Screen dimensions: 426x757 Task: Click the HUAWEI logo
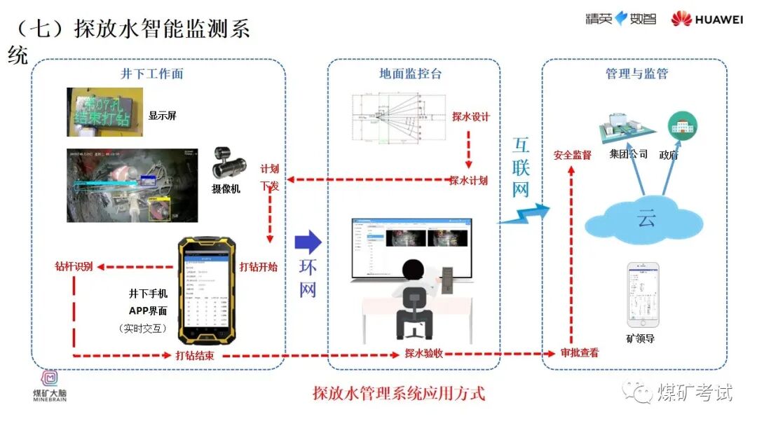click(707, 19)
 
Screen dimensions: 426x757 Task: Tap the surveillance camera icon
click(227, 164)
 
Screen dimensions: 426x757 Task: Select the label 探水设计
click(470, 116)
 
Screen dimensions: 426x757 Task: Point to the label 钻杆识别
click(74, 267)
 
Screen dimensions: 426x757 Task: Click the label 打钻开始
click(259, 267)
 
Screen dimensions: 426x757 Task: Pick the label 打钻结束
click(194, 356)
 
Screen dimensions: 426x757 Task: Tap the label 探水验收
click(424, 354)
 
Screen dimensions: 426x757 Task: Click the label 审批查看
click(580, 353)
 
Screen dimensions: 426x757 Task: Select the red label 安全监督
click(573, 155)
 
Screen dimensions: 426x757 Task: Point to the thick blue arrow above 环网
click(308, 243)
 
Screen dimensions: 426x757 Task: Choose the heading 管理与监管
click(636, 74)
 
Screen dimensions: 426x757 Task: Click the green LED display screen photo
click(105, 112)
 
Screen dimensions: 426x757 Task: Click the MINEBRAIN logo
click(51, 385)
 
